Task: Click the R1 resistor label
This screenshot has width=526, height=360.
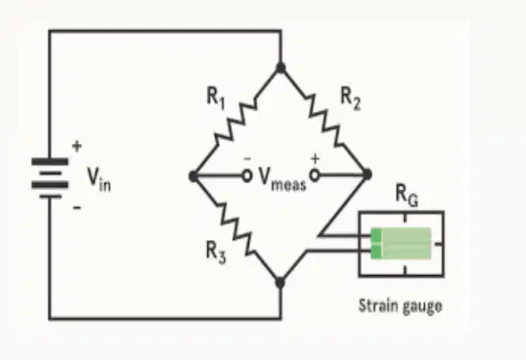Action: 216,99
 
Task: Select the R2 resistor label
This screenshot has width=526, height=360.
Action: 351,99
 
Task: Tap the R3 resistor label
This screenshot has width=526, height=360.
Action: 216,253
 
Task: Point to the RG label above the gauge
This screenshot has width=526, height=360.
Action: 407,195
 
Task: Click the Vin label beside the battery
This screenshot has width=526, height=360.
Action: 99,179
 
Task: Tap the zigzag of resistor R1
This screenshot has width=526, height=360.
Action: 236,121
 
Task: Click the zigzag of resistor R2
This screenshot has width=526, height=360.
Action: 324,121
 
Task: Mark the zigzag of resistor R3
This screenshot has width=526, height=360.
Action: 237,227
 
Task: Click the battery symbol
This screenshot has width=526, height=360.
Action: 50,178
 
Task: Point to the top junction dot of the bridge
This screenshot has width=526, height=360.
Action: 280,68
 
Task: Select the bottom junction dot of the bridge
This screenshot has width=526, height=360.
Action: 280,283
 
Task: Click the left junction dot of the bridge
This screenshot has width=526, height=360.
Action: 194,176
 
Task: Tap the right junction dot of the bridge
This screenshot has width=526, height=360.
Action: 367,175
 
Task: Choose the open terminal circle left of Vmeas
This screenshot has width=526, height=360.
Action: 246,176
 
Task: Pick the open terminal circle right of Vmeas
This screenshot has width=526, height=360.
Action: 315,175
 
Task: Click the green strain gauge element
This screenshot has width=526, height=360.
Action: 401,244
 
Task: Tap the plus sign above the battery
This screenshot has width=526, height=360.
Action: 77,146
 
